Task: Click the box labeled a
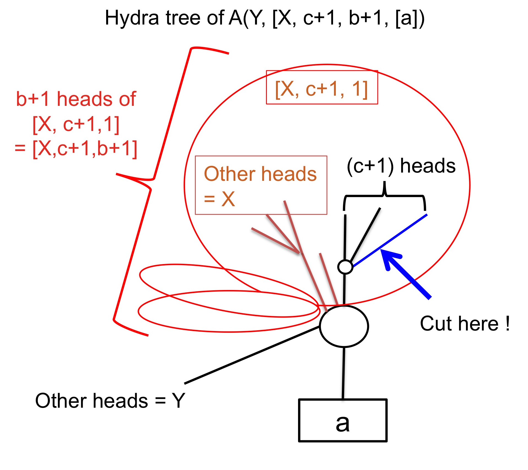(343, 420)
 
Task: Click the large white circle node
(344, 326)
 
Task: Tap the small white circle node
(345, 267)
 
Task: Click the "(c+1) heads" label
(401, 166)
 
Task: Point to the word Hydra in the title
(132, 18)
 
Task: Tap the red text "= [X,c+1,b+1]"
(76, 149)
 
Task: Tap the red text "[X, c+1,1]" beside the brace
(76, 124)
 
